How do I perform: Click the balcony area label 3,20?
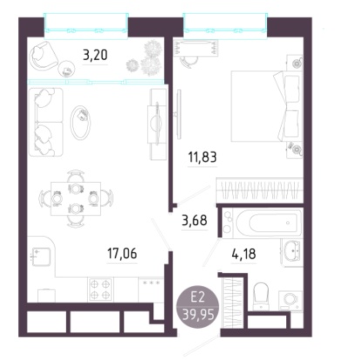[x=95, y=55]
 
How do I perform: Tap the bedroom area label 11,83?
[x=202, y=157]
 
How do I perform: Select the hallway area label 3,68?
[x=194, y=221]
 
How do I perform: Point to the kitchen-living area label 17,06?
[x=122, y=254]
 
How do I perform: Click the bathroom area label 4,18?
[x=243, y=254]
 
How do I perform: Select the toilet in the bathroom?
[x=261, y=295]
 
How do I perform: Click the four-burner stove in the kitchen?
[x=101, y=289]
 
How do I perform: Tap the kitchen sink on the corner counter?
[x=41, y=256]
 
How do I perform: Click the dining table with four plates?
[x=76, y=199]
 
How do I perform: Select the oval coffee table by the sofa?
[x=80, y=122]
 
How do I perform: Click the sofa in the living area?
[x=46, y=122]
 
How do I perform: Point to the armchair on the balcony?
[x=44, y=56]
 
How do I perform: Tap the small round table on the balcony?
[x=66, y=69]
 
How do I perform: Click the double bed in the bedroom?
[x=265, y=106]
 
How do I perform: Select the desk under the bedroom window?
[x=195, y=48]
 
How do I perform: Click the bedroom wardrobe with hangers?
[x=260, y=190]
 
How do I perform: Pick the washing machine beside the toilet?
[x=289, y=299]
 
